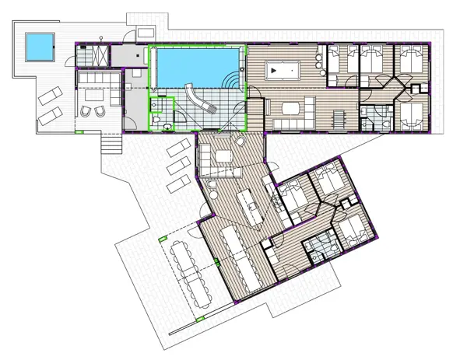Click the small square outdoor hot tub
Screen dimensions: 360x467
click(x=36, y=47)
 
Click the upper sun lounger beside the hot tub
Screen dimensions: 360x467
click(x=47, y=96)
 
